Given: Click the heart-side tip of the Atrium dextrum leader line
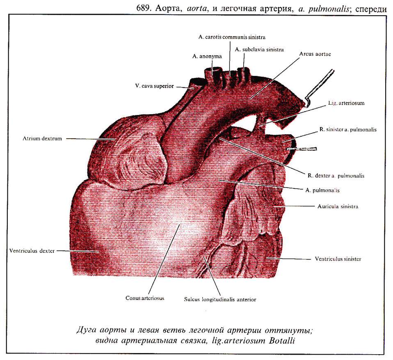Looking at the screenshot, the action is [x=115, y=139].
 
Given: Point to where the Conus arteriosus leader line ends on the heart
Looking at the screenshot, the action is [x=179, y=225].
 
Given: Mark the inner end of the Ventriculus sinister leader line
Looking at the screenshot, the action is [x=266, y=258].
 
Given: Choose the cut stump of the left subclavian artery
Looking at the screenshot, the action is [x=243, y=71].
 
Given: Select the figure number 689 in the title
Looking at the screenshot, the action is [x=144, y=9].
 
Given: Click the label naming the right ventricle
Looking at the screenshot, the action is [x=32, y=251].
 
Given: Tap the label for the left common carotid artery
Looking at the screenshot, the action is [x=232, y=37].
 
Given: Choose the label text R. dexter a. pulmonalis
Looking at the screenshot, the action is [x=336, y=176].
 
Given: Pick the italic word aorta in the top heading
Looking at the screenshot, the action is [x=197, y=9].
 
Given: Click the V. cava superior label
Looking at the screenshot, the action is [x=154, y=86].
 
